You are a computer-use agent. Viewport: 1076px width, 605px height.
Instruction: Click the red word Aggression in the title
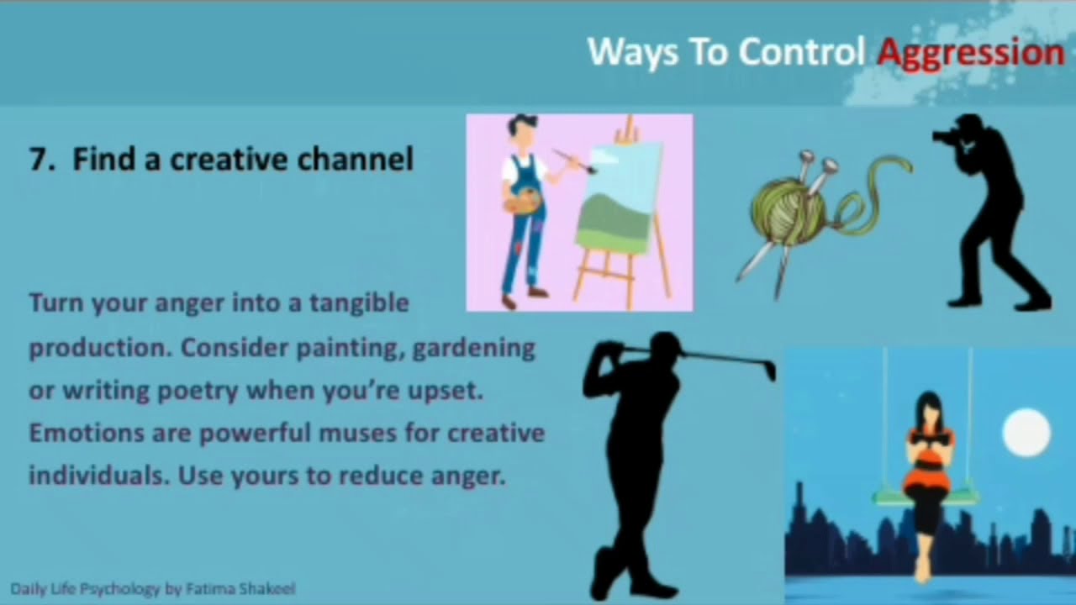(x=970, y=53)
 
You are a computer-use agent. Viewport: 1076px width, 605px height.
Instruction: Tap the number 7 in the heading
(x=36, y=160)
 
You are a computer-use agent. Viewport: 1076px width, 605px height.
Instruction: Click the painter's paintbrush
(x=573, y=160)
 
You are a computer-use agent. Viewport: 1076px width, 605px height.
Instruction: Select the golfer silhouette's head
(x=663, y=347)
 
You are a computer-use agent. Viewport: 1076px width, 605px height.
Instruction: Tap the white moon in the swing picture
(x=1026, y=432)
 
